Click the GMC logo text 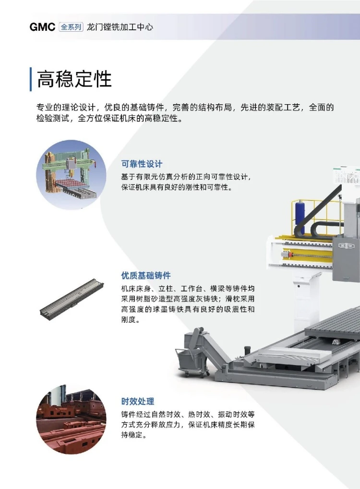pos(42,27)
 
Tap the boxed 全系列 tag pos(71,27)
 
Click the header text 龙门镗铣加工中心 pos(120,27)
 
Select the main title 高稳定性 pos(74,79)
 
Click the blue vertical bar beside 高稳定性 pos(31,79)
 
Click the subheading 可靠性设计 pos(142,164)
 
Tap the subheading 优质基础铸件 pos(146,275)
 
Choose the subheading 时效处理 pos(138,402)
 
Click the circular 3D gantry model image pos(72,175)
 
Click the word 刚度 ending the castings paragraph pos(129,319)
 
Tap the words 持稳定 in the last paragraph pos(132,435)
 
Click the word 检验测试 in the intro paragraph pos(53,119)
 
